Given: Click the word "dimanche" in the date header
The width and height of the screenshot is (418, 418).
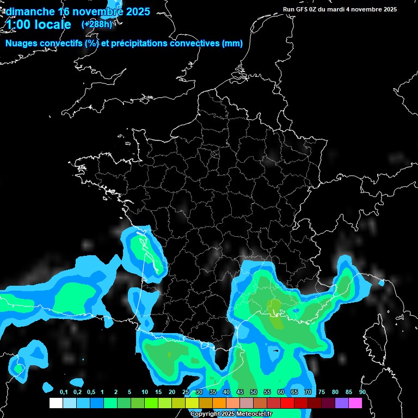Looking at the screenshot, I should [x=30, y=11].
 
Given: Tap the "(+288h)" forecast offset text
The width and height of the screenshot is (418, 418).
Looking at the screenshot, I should [x=97, y=24].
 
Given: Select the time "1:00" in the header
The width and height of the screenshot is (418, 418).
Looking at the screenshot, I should [x=19, y=24].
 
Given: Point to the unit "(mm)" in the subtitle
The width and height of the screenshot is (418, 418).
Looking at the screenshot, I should [x=232, y=44].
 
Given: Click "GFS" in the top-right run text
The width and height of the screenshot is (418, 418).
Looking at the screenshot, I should [x=304, y=9].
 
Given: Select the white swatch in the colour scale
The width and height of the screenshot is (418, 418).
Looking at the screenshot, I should [x=56, y=403].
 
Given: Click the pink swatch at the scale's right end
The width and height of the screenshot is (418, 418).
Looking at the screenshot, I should [x=355, y=403].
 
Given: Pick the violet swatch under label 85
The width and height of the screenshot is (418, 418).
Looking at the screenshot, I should [x=342, y=403].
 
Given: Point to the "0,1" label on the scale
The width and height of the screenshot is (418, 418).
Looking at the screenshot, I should [x=64, y=392].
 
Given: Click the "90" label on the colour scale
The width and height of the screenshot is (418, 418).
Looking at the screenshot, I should [x=362, y=392].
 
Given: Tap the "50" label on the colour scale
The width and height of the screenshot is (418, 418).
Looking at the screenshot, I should [x=254, y=392].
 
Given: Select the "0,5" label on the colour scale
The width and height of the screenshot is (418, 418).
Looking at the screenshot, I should [x=91, y=392].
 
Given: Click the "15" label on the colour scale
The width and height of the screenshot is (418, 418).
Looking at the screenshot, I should [x=158, y=392].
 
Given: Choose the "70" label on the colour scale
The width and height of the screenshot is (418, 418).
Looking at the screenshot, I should [x=308, y=392].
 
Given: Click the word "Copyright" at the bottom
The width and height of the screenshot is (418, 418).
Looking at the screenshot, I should [x=205, y=414].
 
